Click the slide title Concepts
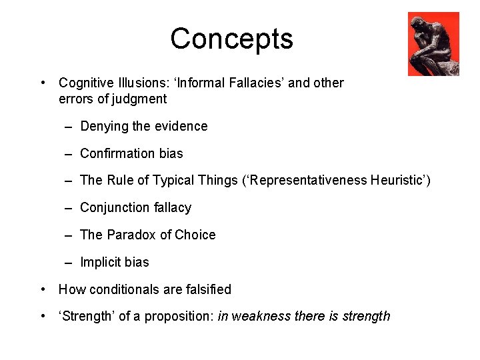pos(231,39)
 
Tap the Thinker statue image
pos(433,44)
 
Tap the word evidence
pos(180,126)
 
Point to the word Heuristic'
pos(399,181)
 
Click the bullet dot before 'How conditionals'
pos(43,289)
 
